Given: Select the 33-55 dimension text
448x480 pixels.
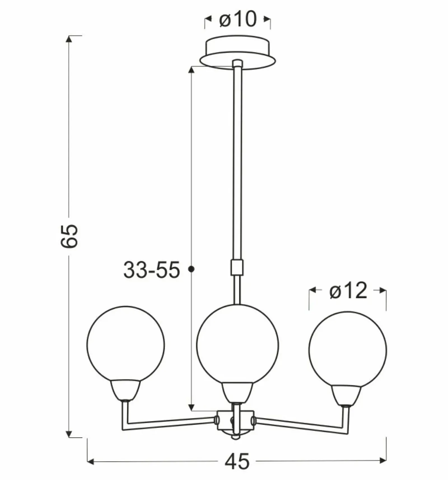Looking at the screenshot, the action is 151,270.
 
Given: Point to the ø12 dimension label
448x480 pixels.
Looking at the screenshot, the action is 348,290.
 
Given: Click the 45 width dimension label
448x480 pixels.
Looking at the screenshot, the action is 237,461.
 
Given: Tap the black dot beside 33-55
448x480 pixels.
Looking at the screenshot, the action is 192,269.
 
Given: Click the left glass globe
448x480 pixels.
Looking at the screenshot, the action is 125,344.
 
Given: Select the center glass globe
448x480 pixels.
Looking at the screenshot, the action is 237,345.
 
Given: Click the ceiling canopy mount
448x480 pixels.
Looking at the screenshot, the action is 238,53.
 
